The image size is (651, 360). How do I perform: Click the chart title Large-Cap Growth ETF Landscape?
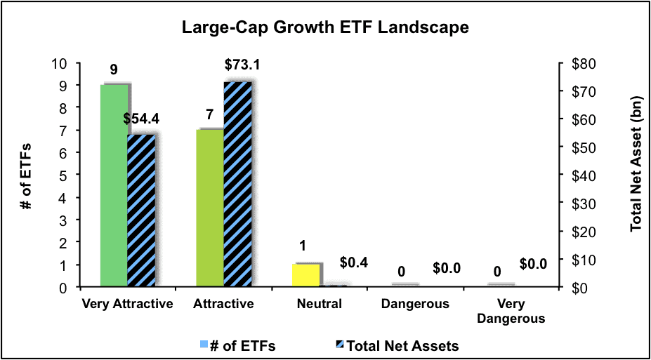click(x=325, y=29)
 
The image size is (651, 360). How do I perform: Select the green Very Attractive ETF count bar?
click(x=114, y=186)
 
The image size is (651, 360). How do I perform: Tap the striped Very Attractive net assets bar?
click(x=141, y=211)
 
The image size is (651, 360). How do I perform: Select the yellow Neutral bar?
click(x=305, y=275)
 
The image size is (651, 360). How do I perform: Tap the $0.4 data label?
click(x=353, y=263)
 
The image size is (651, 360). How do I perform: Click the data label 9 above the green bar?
click(x=113, y=70)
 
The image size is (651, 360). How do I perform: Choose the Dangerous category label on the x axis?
click(x=415, y=305)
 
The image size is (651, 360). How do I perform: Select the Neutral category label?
click(x=319, y=305)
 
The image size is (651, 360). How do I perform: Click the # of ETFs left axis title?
click(x=32, y=175)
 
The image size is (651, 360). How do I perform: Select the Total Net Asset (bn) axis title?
click(x=636, y=175)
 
